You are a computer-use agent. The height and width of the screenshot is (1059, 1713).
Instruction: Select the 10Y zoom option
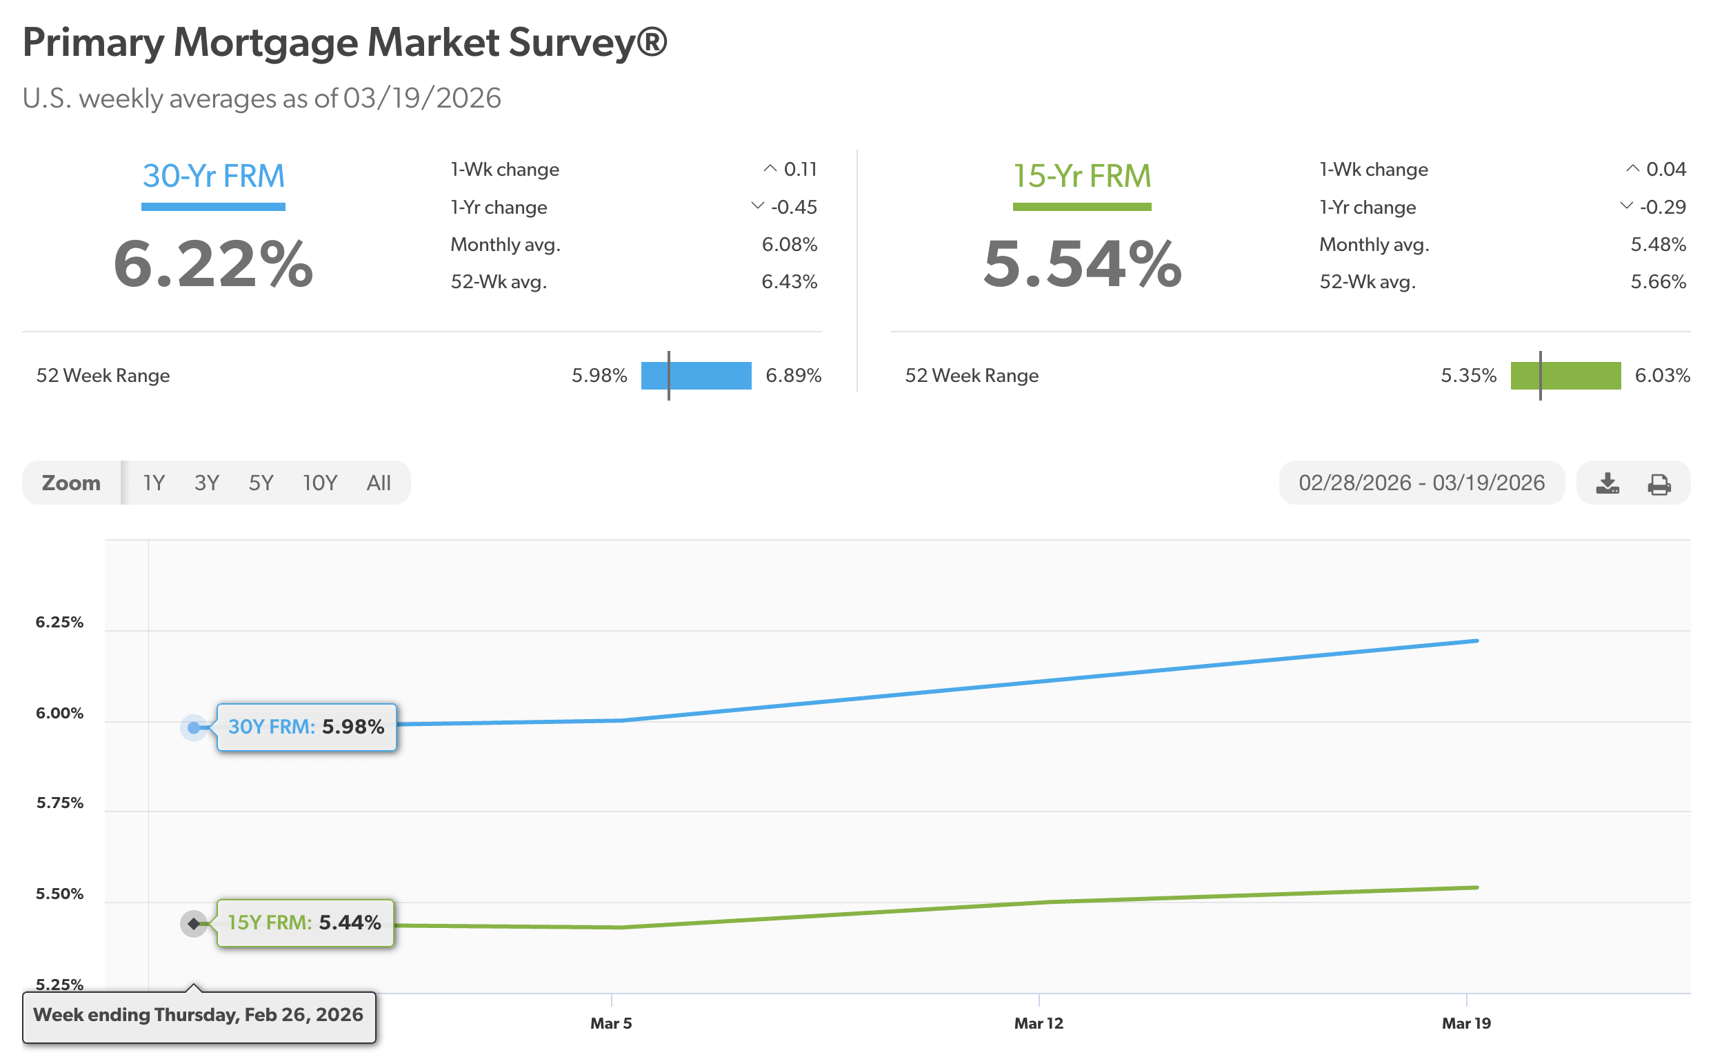point(319,483)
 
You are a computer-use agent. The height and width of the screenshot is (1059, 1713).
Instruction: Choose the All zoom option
point(379,483)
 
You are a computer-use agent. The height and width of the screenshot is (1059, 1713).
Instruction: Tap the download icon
point(1607,483)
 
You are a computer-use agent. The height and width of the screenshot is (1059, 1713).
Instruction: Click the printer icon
point(1659,483)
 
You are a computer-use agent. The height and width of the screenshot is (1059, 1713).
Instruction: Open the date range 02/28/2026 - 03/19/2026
point(1421,483)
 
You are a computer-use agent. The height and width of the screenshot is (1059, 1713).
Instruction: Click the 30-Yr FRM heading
point(214,176)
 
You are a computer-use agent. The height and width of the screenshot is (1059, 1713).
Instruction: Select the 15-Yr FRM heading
point(1082,176)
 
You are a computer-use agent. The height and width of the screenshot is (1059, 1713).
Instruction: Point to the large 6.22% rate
point(213,263)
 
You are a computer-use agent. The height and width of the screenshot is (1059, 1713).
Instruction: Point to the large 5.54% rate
point(1082,263)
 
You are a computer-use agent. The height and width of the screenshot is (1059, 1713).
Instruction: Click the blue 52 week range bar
point(696,376)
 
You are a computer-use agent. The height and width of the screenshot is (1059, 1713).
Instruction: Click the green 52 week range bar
point(1565,376)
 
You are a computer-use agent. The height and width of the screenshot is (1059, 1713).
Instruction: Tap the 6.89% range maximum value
point(793,376)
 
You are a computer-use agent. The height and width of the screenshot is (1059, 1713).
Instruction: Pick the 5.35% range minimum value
point(1467,376)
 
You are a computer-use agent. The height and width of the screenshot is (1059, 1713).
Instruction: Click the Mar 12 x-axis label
point(1039,1023)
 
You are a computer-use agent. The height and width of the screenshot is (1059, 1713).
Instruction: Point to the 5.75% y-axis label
point(59,803)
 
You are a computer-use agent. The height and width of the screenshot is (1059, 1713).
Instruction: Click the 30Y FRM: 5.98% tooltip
point(306,727)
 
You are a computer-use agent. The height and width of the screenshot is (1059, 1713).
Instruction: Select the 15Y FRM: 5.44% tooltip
point(305,922)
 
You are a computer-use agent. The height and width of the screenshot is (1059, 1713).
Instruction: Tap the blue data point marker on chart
point(194,727)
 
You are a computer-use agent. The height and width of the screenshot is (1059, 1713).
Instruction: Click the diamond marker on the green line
point(194,923)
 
